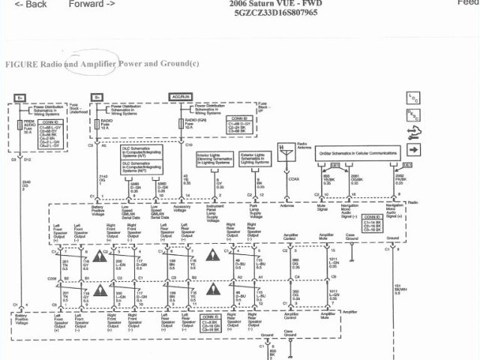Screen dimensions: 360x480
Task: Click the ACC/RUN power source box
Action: [182, 97]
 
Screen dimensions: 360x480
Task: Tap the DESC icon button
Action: [413, 115]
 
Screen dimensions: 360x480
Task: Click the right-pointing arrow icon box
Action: [413, 132]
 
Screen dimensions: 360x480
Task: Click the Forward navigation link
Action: [91, 4]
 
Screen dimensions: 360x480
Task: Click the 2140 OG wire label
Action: [103, 179]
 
